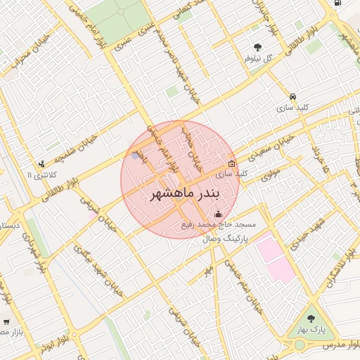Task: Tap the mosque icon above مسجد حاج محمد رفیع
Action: click(x=217, y=214)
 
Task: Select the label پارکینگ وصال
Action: click(x=207, y=240)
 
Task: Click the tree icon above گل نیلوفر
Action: click(x=258, y=47)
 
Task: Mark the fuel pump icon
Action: click(x=338, y=3)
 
